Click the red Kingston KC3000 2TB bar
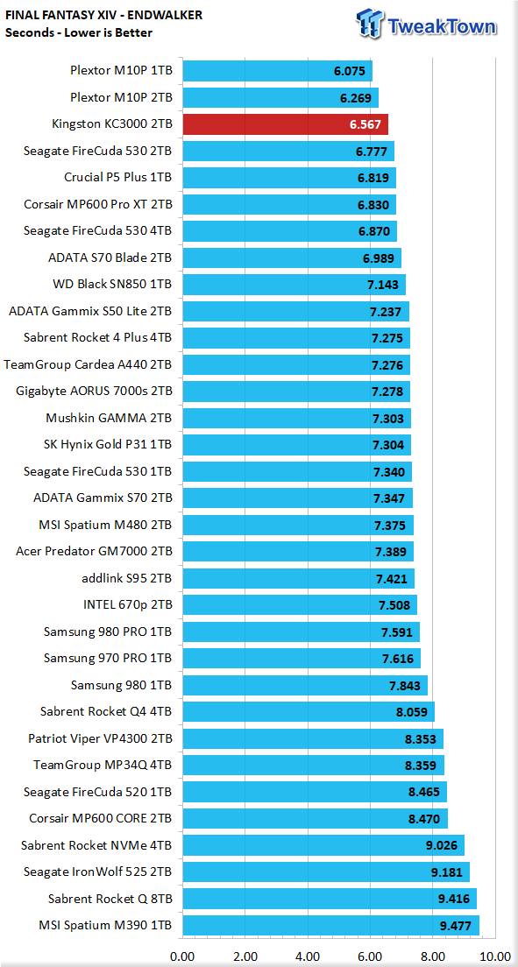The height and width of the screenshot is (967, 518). [285, 124]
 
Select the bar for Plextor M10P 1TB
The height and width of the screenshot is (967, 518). [278, 71]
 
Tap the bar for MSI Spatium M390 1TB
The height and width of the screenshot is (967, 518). [331, 924]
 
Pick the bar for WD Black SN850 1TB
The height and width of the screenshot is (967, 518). [294, 285]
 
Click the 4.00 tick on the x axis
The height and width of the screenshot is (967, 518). [309, 956]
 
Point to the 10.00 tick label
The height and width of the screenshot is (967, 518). [495, 956]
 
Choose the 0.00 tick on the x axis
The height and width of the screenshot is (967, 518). [182, 956]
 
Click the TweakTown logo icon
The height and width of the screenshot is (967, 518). [370, 26]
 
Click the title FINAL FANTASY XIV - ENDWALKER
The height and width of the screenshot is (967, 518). [103, 14]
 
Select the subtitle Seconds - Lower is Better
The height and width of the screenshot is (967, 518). [78, 32]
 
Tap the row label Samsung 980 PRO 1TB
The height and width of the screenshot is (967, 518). [108, 631]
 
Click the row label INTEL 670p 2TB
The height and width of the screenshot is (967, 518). [127, 604]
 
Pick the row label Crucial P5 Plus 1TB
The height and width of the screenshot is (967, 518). [118, 178]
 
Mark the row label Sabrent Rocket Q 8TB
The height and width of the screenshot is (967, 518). [110, 898]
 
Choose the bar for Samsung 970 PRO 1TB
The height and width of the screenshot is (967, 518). [302, 658]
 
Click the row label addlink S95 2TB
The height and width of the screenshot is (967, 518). [126, 578]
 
